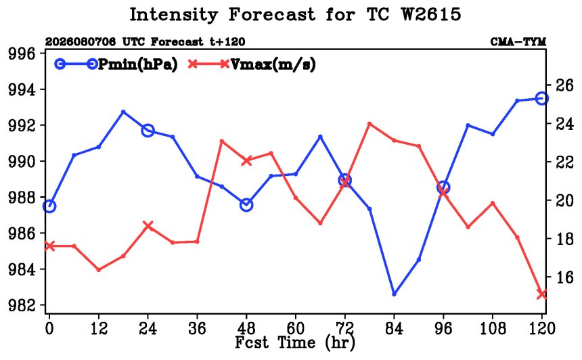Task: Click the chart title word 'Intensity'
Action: (x=173, y=15)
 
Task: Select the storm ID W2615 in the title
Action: (x=431, y=14)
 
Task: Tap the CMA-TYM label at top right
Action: (x=518, y=41)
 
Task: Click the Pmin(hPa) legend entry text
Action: (x=137, y=64)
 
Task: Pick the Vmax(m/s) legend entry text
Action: (x=273, y=64)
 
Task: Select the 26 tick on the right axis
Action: (x=564, y=85)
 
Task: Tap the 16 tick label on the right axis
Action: (x=564, y=277)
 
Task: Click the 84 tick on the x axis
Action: (x=394, y=328)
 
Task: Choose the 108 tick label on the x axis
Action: (x=493, y=328)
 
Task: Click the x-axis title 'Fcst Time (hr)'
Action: (x=294, y=342)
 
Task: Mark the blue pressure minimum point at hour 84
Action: (x=394, y=294)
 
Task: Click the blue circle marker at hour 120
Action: (x=542, y=98)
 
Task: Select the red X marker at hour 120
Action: (x=542, y=294)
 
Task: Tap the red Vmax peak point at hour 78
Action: (x=370, y=124)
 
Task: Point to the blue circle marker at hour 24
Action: (x=148, y=131)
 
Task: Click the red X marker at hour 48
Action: (x=246, y=160)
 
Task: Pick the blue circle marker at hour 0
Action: (x=49, y=206)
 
